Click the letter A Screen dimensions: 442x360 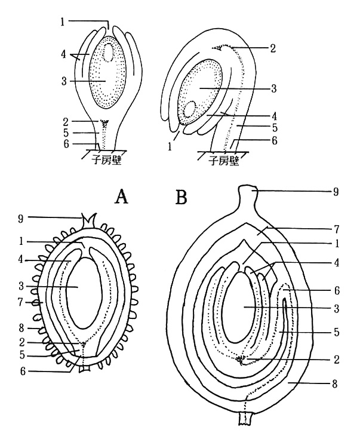[122, 196]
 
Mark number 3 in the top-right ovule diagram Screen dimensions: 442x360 [274, 88]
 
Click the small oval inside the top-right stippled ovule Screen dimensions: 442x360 [191, 109]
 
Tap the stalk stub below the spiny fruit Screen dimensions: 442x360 [85, 369]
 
